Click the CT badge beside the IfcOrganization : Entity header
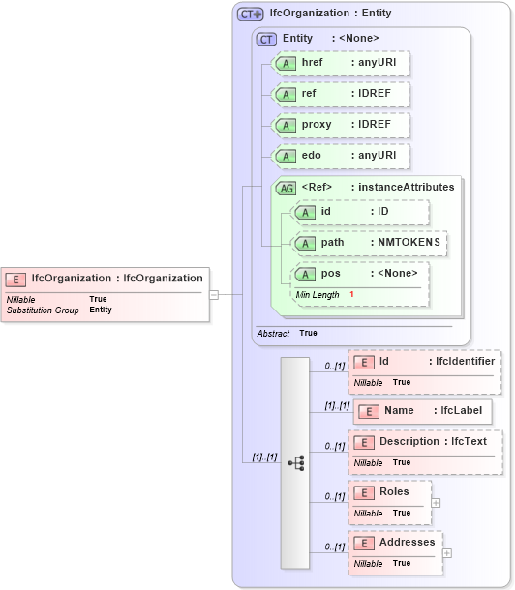coord(251,15)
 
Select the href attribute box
coord(340,63)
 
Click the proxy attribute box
coord(340,125)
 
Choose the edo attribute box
coord(340,156)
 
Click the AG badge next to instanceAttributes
coord(286,187)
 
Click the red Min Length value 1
coord(351,294)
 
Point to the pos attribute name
coord(330,274)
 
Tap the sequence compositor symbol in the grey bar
coord(295,463)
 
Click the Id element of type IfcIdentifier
coord(424,362)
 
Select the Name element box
coord(423,411)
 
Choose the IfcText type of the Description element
coord(470,442)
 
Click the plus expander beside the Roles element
coord(436,503)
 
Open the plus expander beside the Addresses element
coord(446,553)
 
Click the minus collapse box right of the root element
coord(213,295)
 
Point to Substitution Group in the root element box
coord(43,310)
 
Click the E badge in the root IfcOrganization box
coord(15,279)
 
